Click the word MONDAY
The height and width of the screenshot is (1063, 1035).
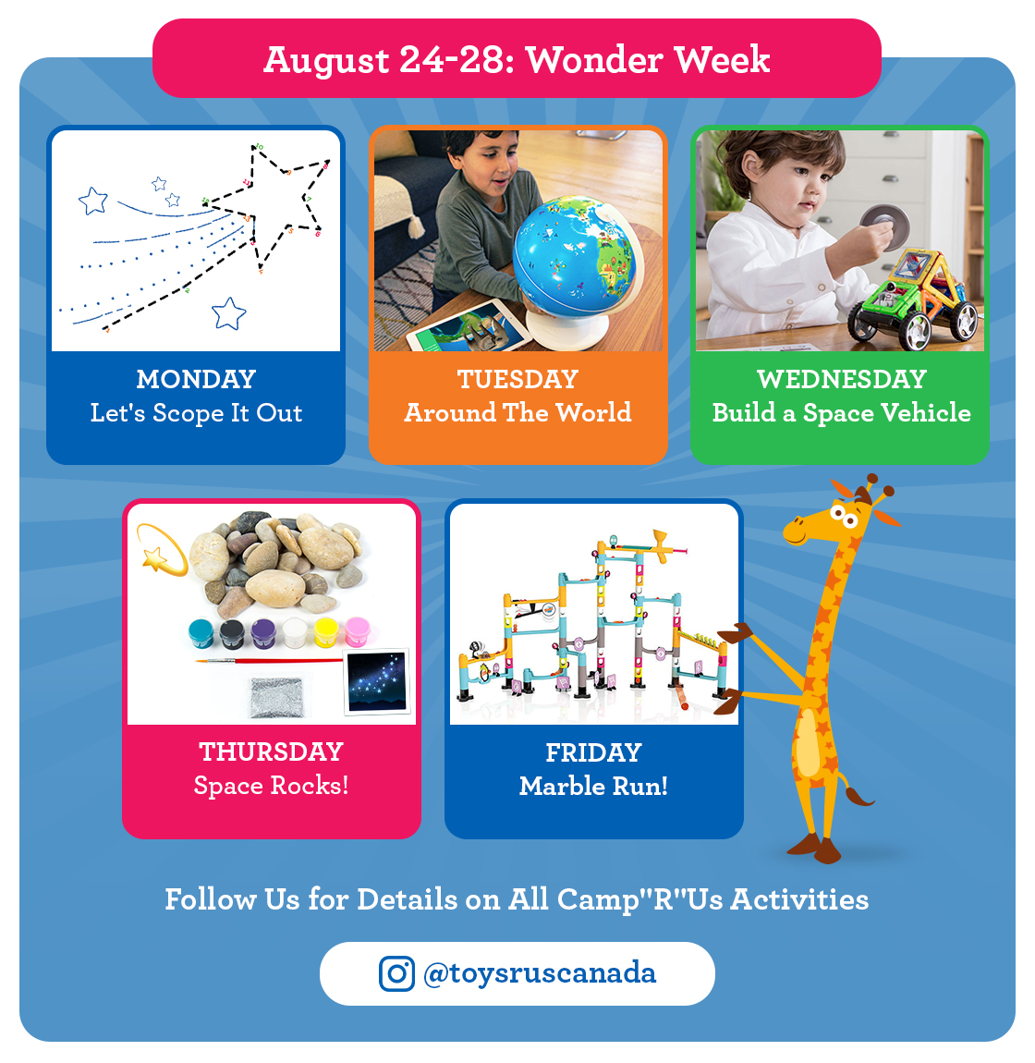click(x=196, y=379)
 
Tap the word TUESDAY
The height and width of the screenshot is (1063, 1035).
click(x=517, y=379)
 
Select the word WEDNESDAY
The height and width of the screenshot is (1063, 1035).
click(x=841, y=379)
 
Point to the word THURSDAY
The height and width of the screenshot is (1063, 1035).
click(x=271, y=751)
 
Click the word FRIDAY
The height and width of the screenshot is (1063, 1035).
click(x=594, y=752)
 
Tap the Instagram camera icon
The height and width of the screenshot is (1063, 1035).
click(x=396, y=973)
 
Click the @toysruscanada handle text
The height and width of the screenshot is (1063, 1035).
click(x=540, y=973)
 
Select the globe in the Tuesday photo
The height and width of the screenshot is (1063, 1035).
click(x=575, y=255)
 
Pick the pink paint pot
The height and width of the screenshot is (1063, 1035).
click(x=358, y=631)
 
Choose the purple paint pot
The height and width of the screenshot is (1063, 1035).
click(x=263, y=634)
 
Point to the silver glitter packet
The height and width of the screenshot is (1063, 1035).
click(x=276, y=697)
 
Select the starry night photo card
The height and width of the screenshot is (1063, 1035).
click(x=377, y=682)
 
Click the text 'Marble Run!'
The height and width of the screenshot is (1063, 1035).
click(x=594, y=787)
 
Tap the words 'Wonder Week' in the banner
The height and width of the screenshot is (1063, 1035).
click(x=648, y=60)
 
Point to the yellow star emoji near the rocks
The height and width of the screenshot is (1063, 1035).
click(x=154, y=558)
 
